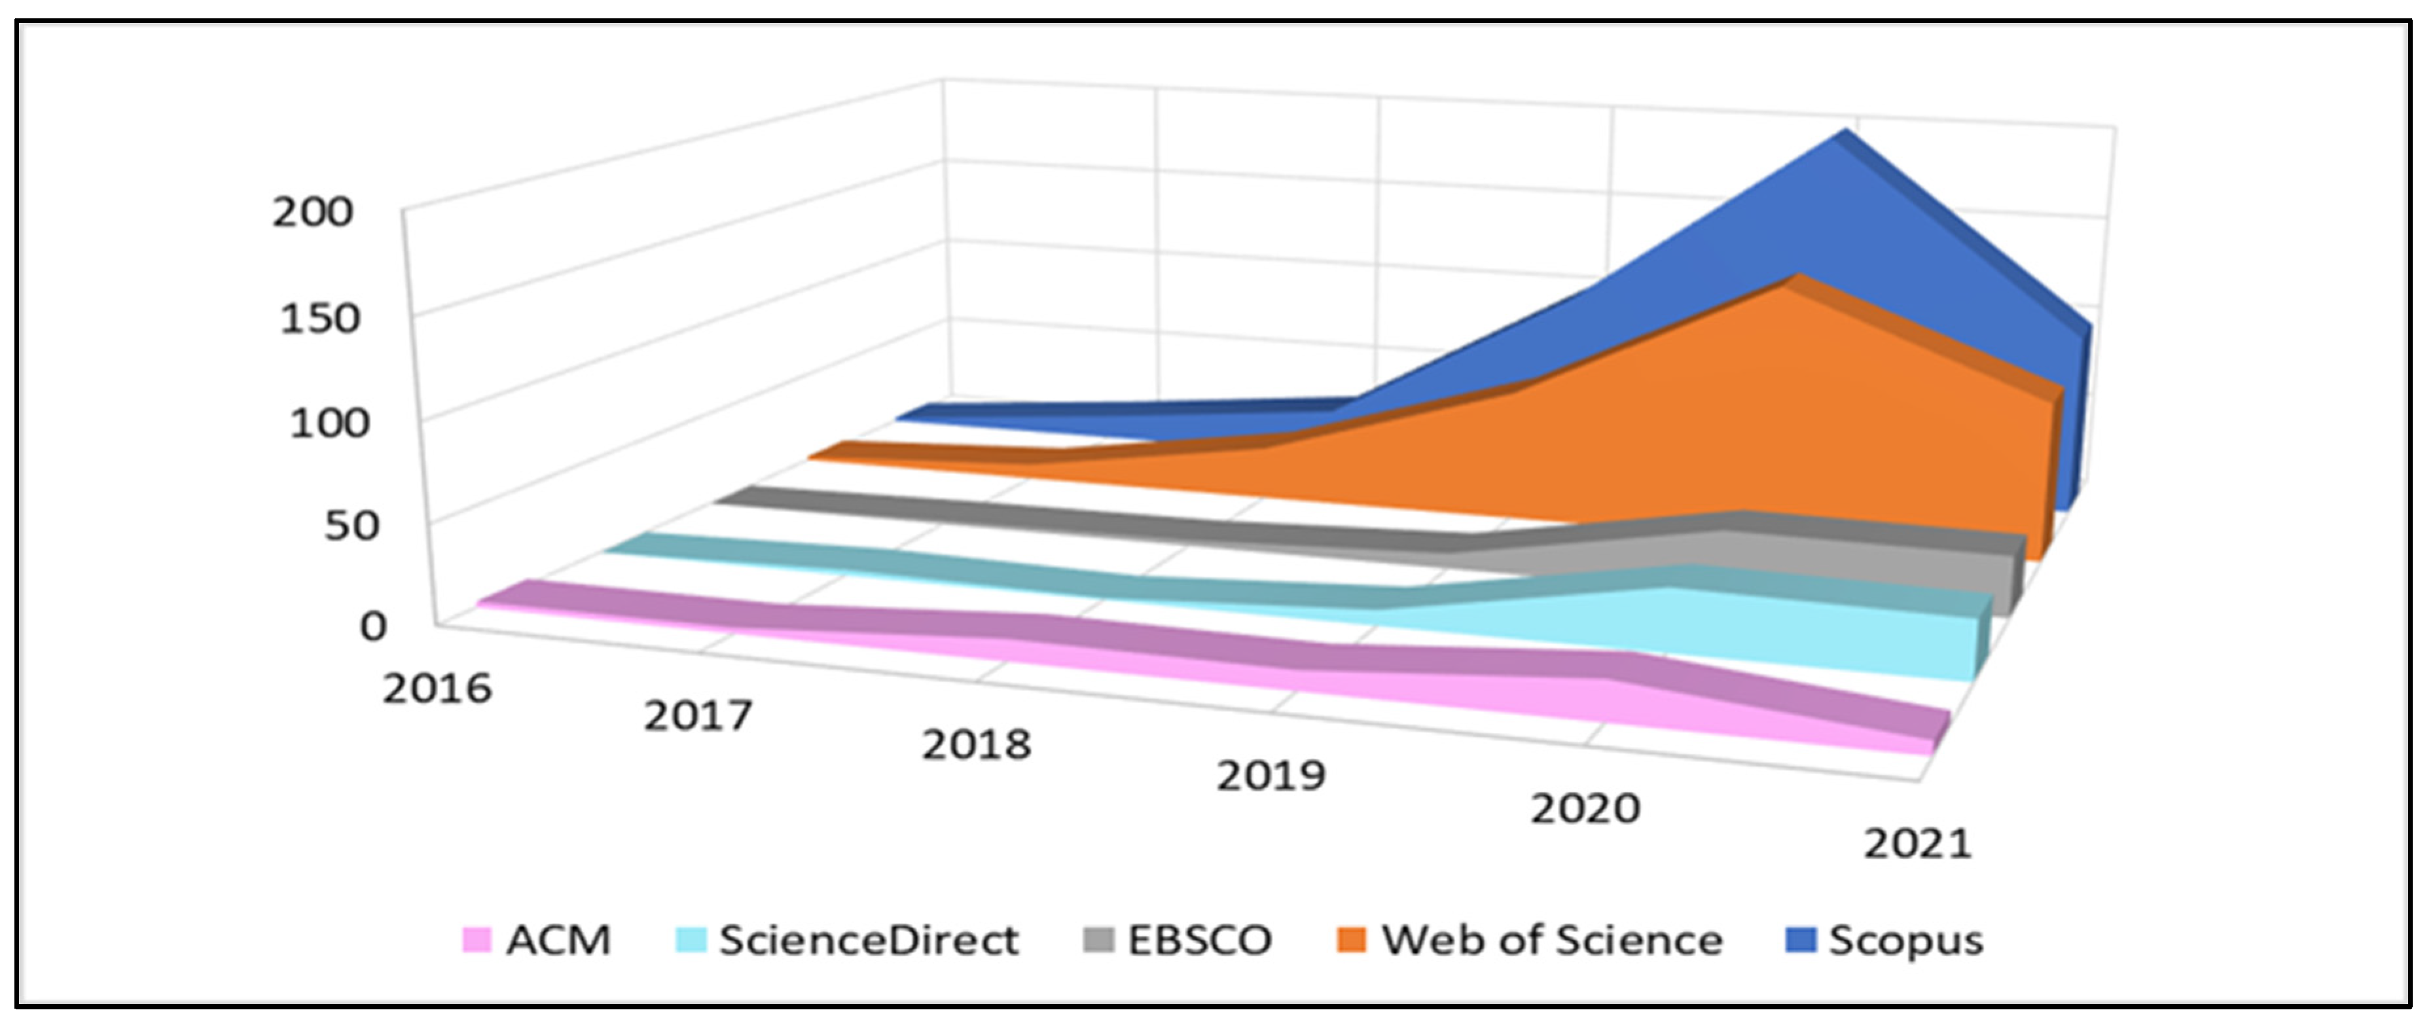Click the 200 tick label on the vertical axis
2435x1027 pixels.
[x=312, y=212]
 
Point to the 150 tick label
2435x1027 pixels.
[x=319, y=319]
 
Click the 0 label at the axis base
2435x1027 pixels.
[x=373, y=626]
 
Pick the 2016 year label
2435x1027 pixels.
[x=437, y=689]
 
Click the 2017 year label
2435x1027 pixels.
[x=698, y=716]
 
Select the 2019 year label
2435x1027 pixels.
[x=1271, y=776]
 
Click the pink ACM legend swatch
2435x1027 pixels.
[x=477, y=940]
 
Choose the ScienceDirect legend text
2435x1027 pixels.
[x=868, y=940]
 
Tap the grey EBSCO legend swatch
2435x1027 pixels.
[x=1098, y=940]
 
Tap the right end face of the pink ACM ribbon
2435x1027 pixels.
[x=1939, y=730]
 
